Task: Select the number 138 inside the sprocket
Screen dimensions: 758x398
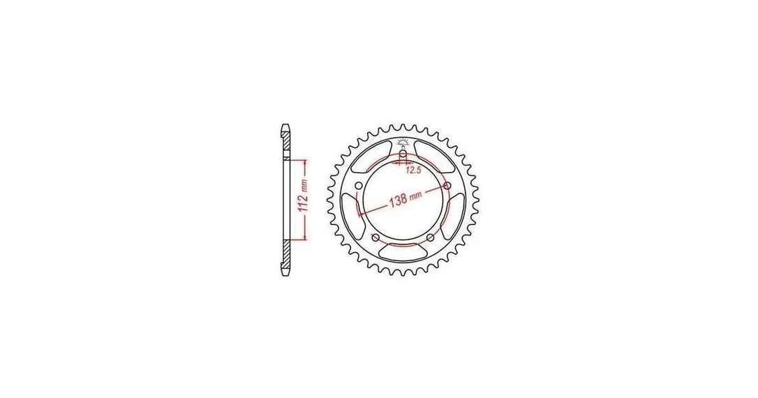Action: coord(398,200)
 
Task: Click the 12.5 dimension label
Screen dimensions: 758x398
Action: coord(413,170)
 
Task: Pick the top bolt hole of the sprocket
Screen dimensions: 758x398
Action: coord(403,154)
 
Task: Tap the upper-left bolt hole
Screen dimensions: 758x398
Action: coord(358,186)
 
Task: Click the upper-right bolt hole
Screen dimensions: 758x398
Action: coord(447,186)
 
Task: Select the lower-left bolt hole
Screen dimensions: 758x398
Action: coord(375,237)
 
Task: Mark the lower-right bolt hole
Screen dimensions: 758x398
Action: coord(430,237)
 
